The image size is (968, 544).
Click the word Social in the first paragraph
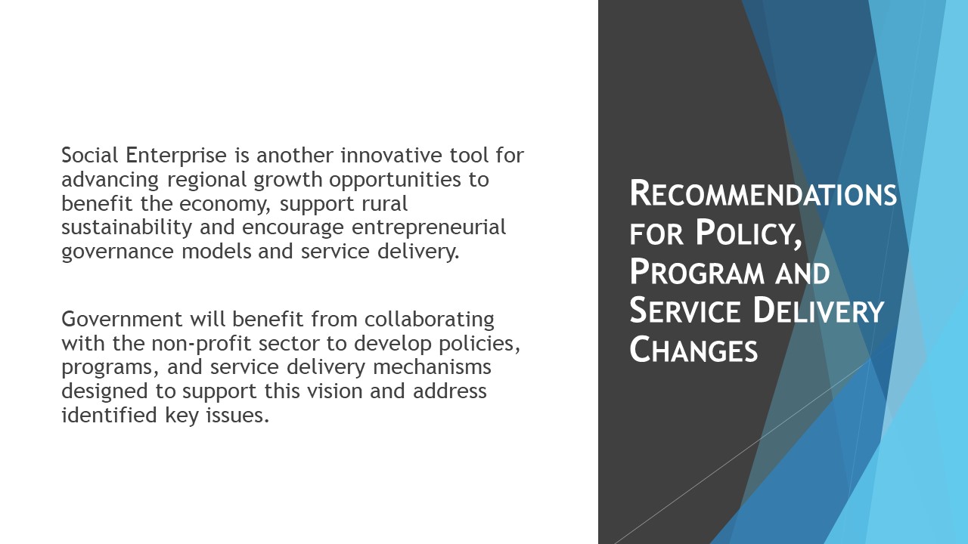click(90, 155)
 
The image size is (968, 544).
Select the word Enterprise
click(176, 156)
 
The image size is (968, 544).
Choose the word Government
click(122, 319)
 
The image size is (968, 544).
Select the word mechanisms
click(432, 367)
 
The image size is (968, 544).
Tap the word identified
click(109, 415)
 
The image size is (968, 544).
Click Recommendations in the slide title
click(763, 193)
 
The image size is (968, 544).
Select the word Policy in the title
click(748, 233)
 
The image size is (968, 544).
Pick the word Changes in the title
click(693, 349)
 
